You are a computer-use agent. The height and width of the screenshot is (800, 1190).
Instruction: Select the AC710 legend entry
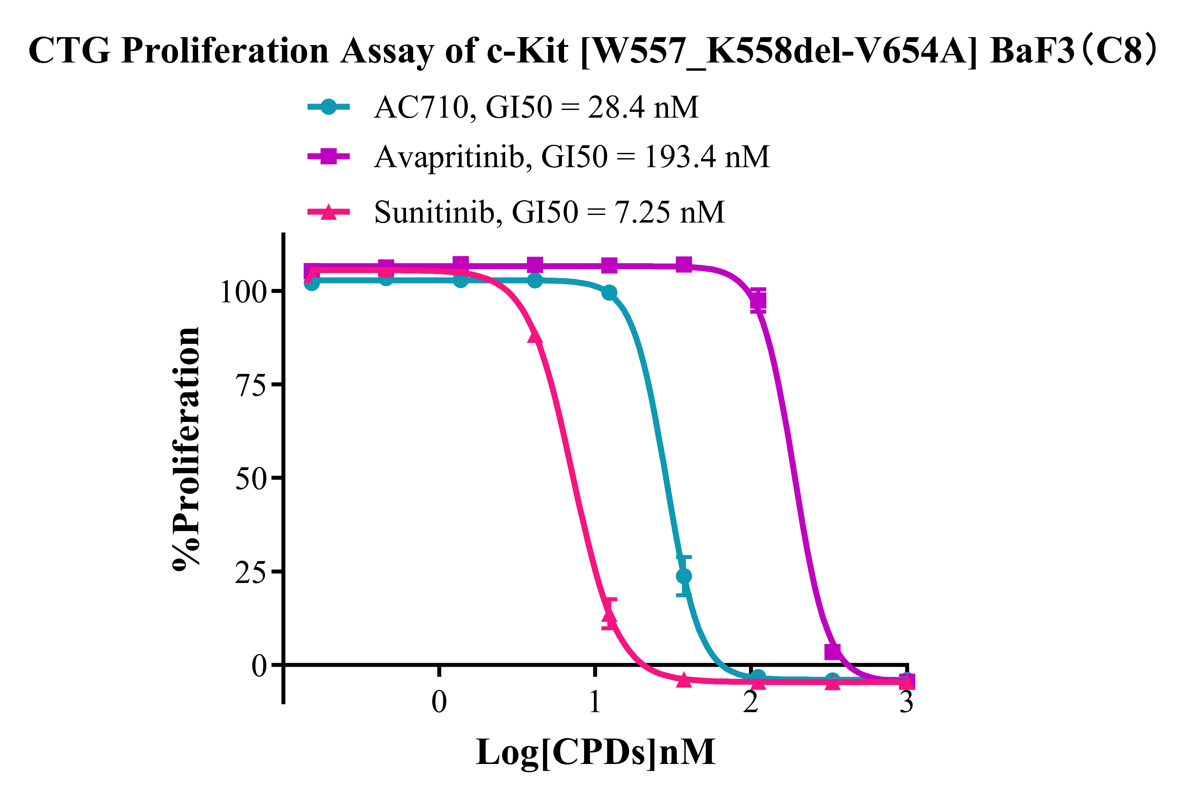coord(536,108)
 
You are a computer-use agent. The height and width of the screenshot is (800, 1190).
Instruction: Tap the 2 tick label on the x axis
coord(750,703)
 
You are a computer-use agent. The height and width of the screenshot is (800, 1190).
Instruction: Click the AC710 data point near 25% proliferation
coord(684,576)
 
